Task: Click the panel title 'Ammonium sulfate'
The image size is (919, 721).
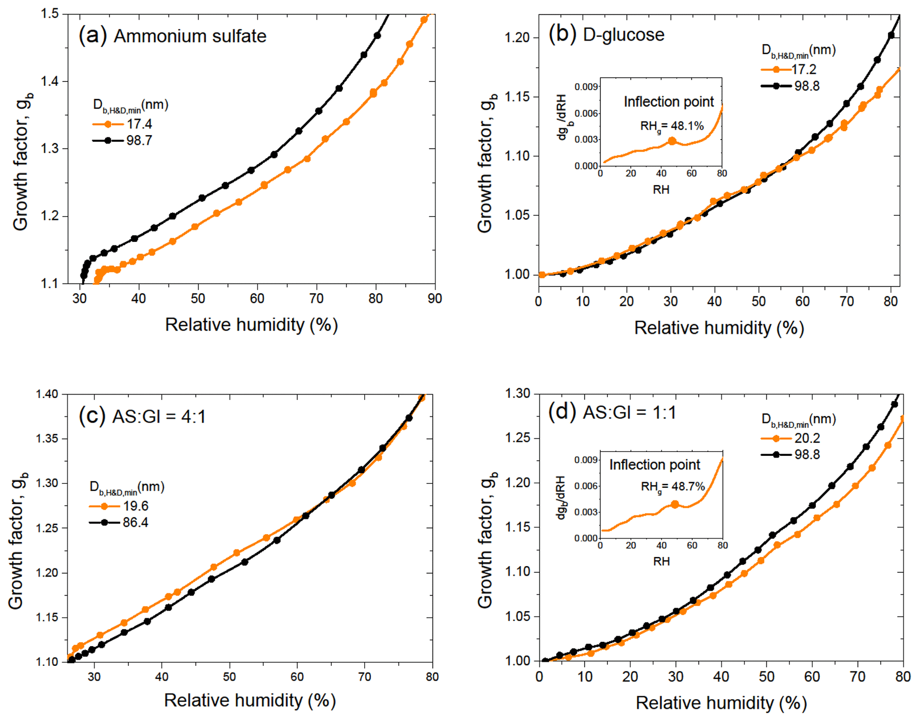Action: (190, 36)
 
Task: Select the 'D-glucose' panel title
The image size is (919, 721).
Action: (623, 35)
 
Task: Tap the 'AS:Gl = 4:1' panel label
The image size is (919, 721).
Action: (159, 417)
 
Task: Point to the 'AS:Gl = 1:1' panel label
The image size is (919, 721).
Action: (629, 413)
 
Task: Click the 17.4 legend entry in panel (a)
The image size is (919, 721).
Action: (139, 124)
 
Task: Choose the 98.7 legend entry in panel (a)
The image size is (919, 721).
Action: (139, 141)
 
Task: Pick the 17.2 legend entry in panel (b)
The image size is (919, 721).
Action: (804, 69)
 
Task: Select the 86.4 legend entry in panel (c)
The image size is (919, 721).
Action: (136, 522)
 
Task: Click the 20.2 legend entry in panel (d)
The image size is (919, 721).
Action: (807, 438)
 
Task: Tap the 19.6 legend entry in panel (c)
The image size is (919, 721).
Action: (136, 506)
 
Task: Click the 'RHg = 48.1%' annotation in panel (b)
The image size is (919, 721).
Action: (672, 126)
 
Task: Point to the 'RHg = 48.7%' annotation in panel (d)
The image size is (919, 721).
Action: (673, 487)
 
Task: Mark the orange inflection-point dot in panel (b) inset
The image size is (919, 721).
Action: (672, 141)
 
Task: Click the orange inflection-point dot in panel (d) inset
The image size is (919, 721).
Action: (675, 504)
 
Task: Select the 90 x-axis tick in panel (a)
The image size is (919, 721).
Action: (434, 298)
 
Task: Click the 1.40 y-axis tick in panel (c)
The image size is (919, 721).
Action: (47, 394)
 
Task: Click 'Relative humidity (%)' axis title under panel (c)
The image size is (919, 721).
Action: (250, 701)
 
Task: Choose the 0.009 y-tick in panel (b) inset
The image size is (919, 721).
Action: (585, 86)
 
